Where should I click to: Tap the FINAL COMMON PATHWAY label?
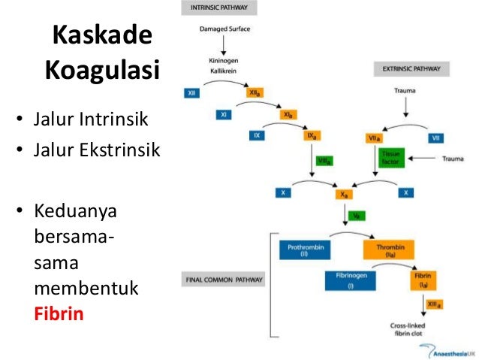224,280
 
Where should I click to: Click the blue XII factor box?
194,93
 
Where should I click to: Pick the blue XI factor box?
224,115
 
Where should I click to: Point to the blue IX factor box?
257,136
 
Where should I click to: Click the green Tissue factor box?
392,158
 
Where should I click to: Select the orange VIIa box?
375,137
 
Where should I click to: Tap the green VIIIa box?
325,161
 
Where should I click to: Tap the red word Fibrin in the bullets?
59,312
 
